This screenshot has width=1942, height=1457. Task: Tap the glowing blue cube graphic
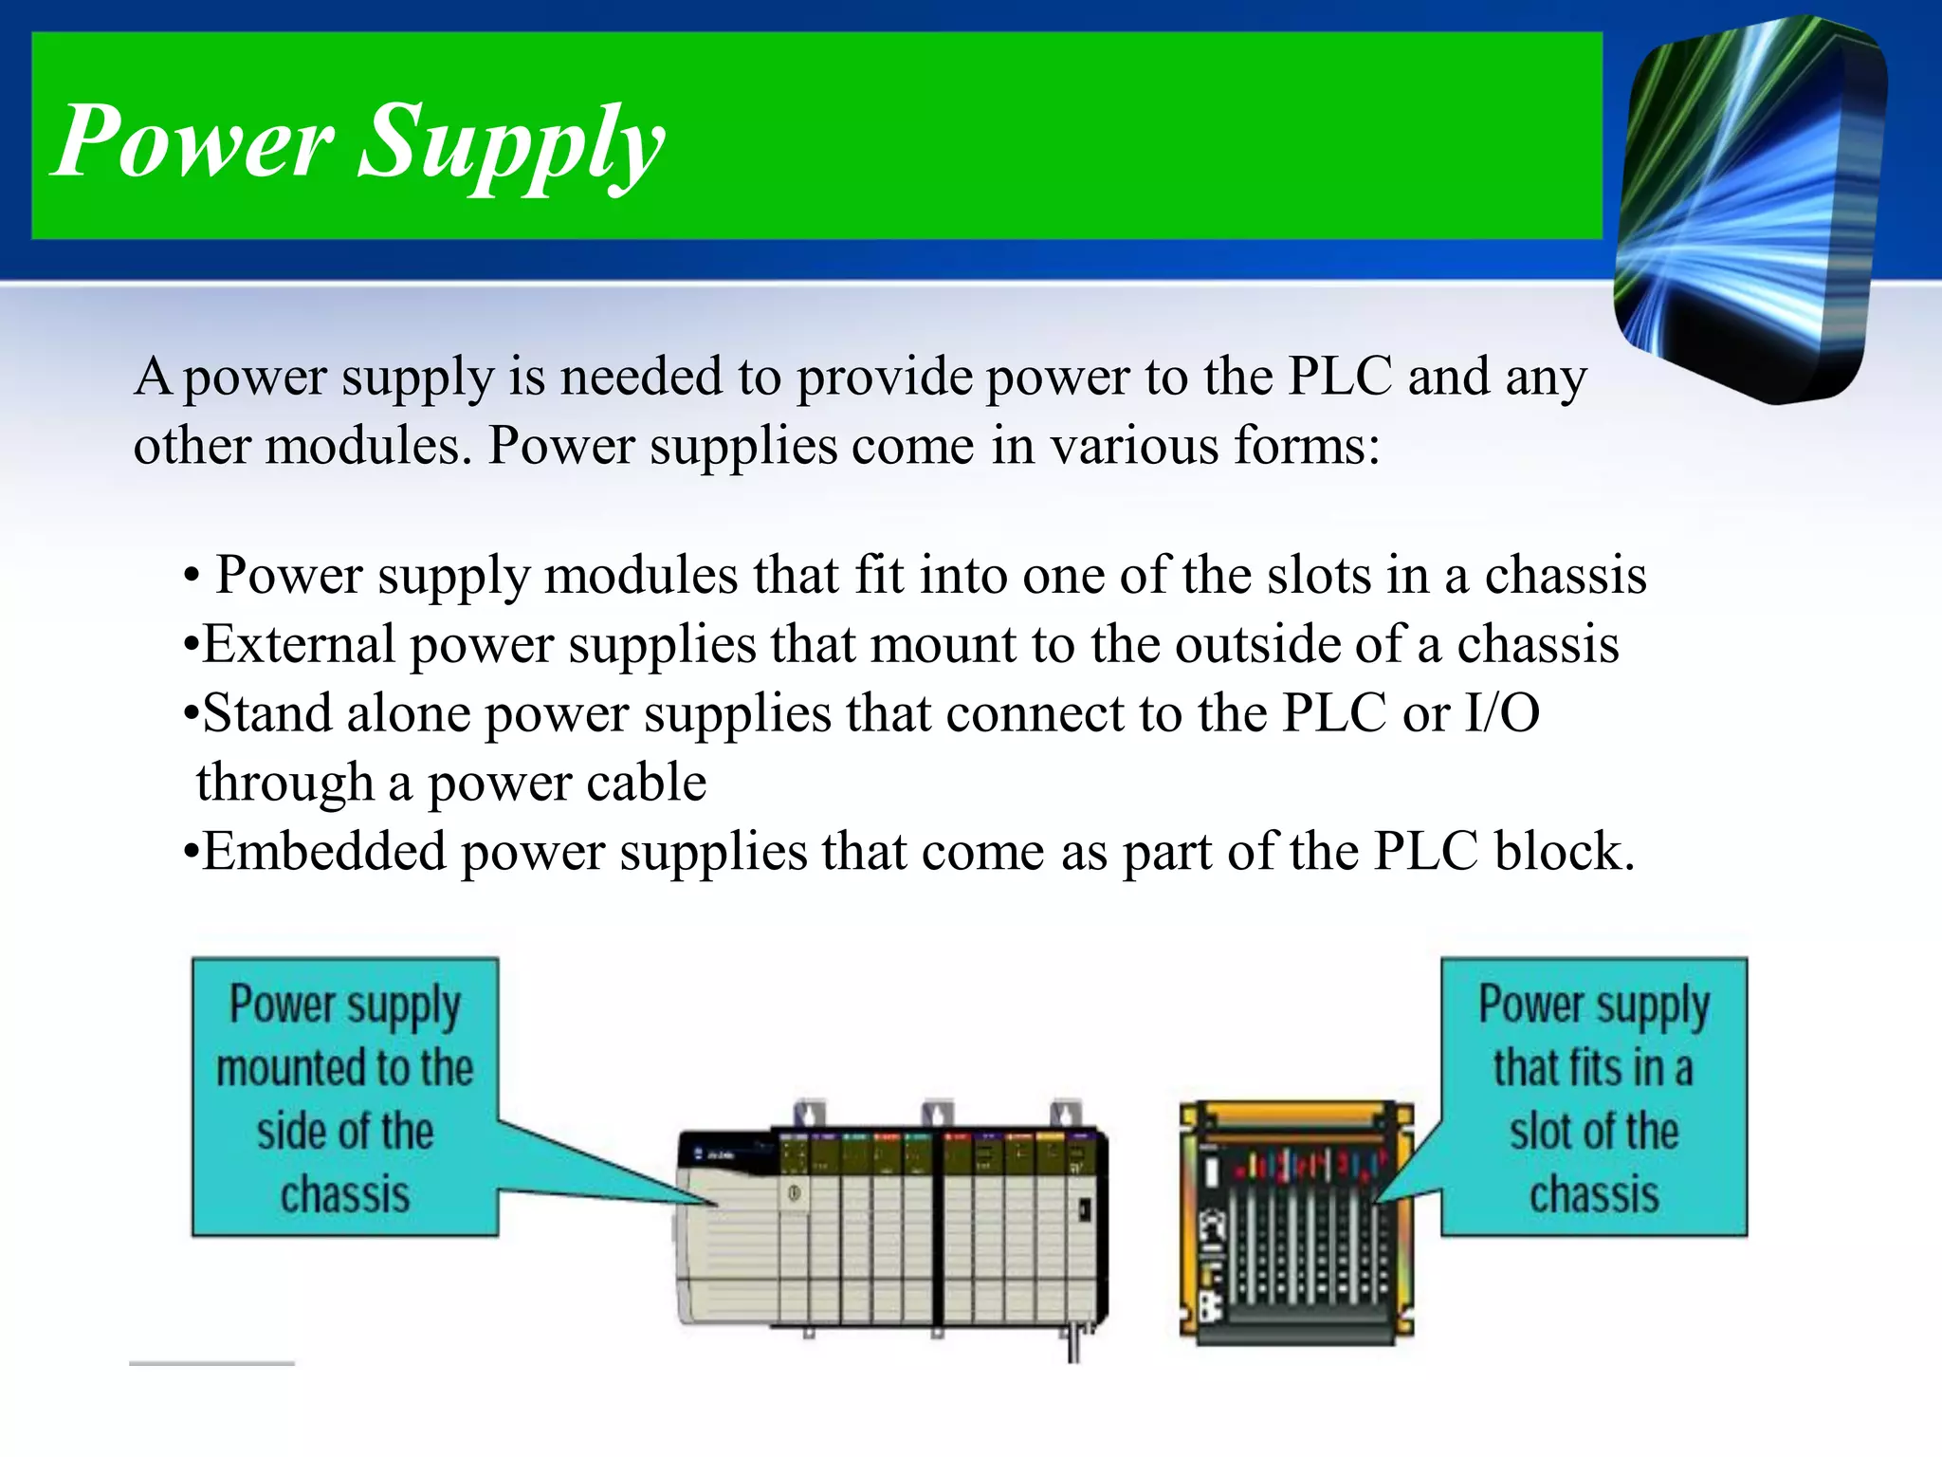pyautogui.click(x=1750, y=209)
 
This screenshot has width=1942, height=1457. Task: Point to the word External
pyautogui.click(x=299, y=645)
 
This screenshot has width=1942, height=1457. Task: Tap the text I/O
pyautogui.click(x=1502, y=713)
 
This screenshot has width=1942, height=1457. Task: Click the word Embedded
pyautogui.click(x=323, y=851)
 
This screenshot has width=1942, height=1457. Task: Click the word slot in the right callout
pyautogui.click(x=1540, y=1132)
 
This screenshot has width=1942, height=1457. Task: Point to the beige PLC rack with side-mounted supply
pyautogui.click(x=891, y=1227)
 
